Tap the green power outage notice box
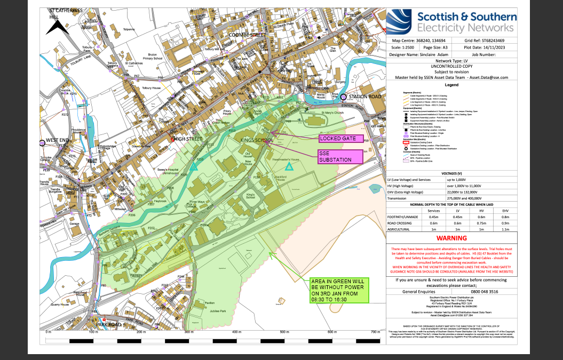point(338,291)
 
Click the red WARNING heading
point(451,238)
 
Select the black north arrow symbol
point(55,27)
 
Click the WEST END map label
point(58,140)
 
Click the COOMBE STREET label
point(247,35)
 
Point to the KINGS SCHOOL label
point(257,140)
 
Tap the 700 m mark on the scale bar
point(377,332)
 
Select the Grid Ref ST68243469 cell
point(488,41)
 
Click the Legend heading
point(451,85)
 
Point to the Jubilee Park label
point(218,310)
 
